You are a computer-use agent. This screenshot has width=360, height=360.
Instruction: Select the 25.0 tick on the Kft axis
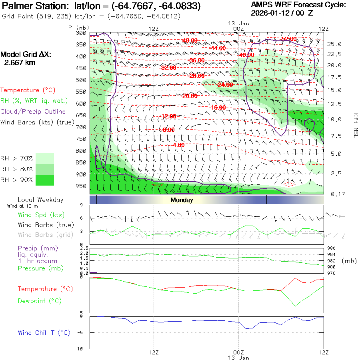coord(334,44)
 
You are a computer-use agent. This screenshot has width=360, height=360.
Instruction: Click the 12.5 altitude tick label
coord(334,104)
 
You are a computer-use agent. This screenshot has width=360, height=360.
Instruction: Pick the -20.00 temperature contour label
coord(189,96)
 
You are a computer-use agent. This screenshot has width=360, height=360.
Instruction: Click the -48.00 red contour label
coord(189,40)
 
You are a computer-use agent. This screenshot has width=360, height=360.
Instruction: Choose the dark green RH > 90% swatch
coord(45,180)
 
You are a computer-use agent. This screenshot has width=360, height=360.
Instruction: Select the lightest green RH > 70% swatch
coord(45,158)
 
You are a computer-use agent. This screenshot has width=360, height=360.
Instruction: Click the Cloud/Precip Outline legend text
coord(33,112)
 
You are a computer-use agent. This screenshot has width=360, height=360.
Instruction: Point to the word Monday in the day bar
coord(182,200)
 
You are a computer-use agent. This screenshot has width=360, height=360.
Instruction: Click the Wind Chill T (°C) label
coord(44,333)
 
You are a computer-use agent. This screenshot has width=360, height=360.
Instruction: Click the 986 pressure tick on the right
coord(331,248)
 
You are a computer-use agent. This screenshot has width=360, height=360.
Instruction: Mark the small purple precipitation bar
coord(94,272)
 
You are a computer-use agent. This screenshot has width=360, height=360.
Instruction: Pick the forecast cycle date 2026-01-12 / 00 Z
coord(282,13)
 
